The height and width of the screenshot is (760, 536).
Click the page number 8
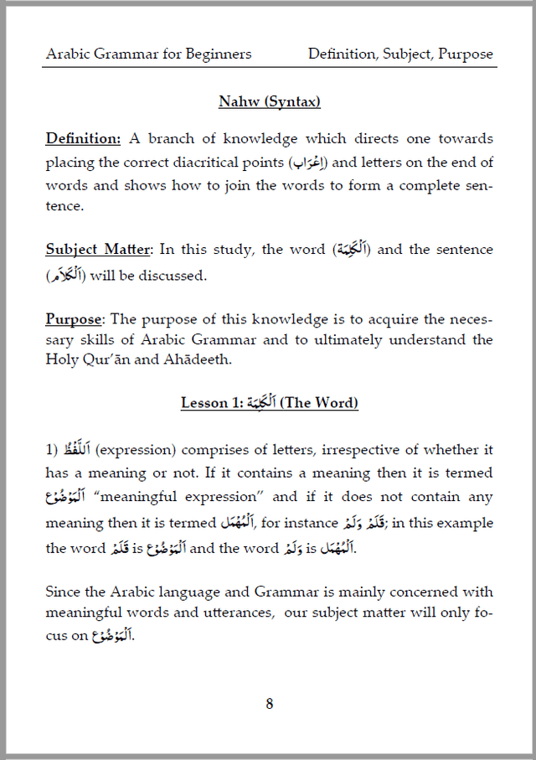click(x=269, y=704)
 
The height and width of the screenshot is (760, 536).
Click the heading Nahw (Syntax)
click(x=269, y=102)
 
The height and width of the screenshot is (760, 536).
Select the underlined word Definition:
click(x=83, y=138)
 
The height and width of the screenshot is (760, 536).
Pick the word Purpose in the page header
click(x=466, y=54)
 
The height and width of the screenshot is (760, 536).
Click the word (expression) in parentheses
click(x=131, y=450)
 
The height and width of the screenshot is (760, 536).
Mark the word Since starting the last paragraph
click(x=63, y=592)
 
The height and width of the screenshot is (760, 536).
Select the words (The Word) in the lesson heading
click(x=319, y=404)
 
